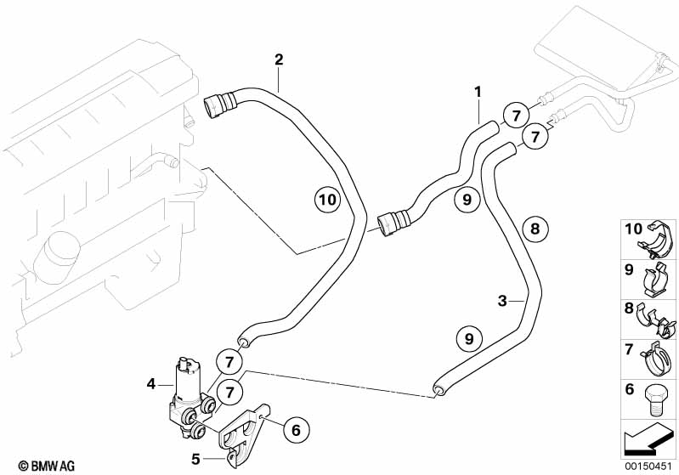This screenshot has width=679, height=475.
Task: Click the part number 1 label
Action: (x=478, y=91)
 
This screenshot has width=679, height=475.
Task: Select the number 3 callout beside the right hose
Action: (x=502, y=300)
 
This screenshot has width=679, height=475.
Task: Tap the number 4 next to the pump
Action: (x=151, y=384)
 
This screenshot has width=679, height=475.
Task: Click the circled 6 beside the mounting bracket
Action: (x=295, y=431)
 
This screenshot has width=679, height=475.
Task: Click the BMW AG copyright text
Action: (x=31, y=466)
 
